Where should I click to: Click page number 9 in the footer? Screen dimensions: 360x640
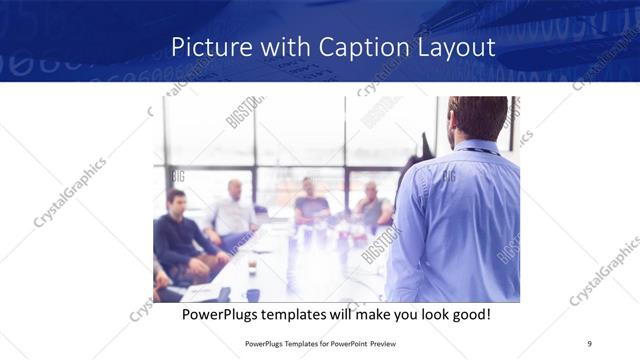click(590, 342)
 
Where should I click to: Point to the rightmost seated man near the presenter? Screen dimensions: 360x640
click(373, 205)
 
